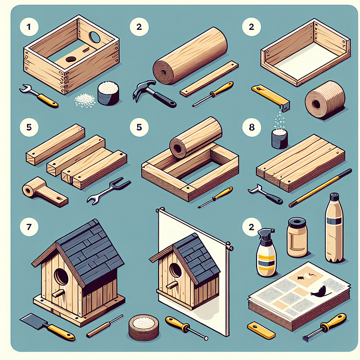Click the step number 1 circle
[x=25, y=25]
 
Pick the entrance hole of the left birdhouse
[x=61, y=277]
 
